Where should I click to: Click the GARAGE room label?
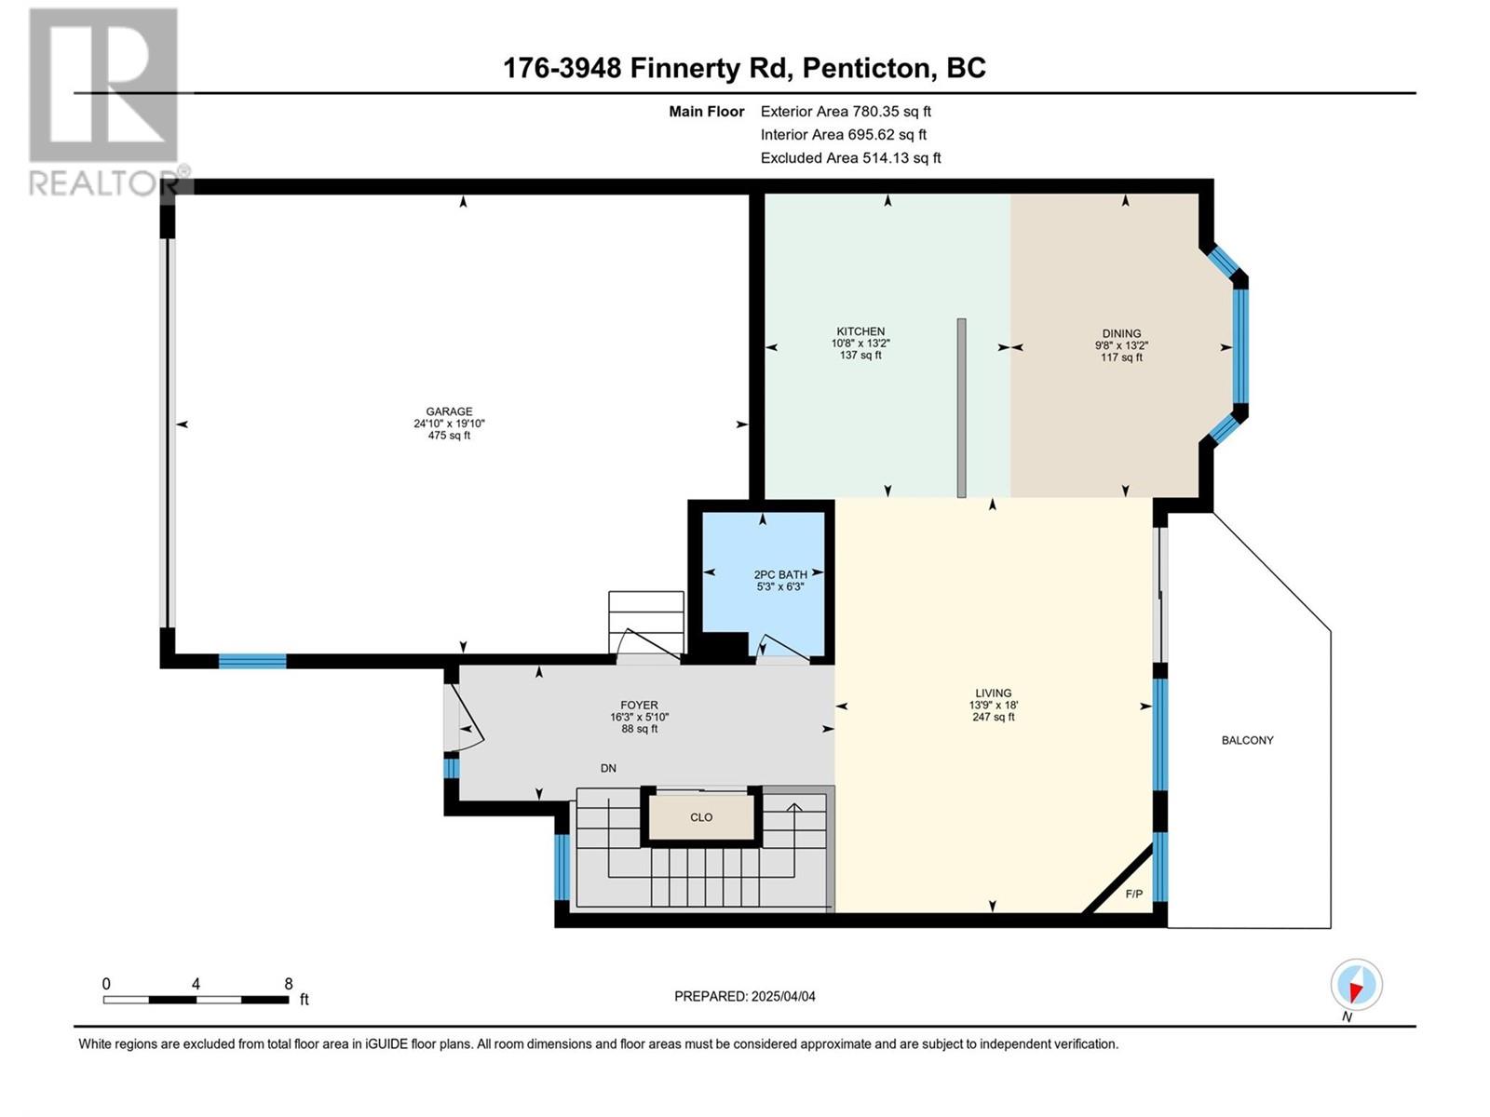pyautogui.click(x=449, y=411)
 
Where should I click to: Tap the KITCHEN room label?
pyautogui.click(x=860, y=331)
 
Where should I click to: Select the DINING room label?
pyautogui.click(x=1121, y=333)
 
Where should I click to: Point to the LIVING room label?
pyautogui.click(x=993, y=693)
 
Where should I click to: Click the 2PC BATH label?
pyautogui.click(x=780, y=573)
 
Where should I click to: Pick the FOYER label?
pyautogui.click(x=639, y=705)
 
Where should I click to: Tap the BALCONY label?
pyautogui.click(x=1247, y=740)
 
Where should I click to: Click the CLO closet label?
pyautogui.click(x=701, y=817)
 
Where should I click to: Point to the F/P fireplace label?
pyautogui.click(x=1133, y=894)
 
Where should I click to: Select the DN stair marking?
pyautogui.click(x=608, y=769)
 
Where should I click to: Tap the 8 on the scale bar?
pyautogui.click(x=289, y=983)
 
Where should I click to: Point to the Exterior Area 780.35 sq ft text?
pyautogui.click(x=846, y=111)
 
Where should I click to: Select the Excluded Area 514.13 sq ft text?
pyautogui.click(x=850, y=158)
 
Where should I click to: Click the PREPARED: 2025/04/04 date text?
pyautogui.click(x=745, y=996)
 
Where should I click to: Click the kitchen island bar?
pyautogui.click(x=961, y=409)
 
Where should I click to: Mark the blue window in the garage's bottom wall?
pyautogui.click(x=251, y=661)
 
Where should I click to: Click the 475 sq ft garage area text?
pyautogui.click(x=449, y=436)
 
